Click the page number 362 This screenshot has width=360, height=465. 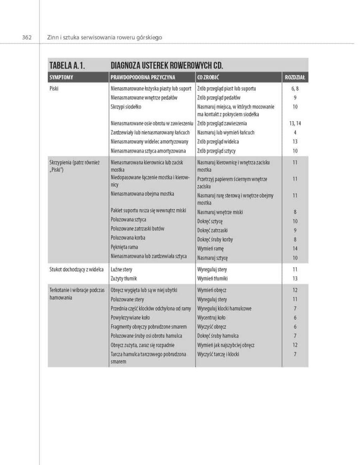pyautogui.click(x=27, y=38)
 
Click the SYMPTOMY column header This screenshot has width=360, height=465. pyautogui.click(x=61, y=77)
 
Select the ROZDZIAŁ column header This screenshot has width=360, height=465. pyautogui.click(x=295, y=77)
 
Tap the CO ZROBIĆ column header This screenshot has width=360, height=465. pyautogui.click(x=208, y=77)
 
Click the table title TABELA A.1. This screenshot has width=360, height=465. pyautogui.click(x=68, y=65)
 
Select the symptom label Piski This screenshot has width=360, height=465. pyautogui.click(x=54, y=88)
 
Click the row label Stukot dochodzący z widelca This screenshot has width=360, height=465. pyautogui.click(x=76, y=269)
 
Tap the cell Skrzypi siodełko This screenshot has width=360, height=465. pyautogui.click(x=126, y=107)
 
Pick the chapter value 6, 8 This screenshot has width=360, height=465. pyautogui.click(x=295, y=89)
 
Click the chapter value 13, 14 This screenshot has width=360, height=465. pyautogui.click(x=295, y=123)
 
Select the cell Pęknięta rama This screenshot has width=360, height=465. pyautogui.click(x=124, y=247)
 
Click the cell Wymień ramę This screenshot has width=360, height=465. pyautogui.click(x=210, y=249)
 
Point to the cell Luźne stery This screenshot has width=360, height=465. pyautogui.click(x=122, y=269)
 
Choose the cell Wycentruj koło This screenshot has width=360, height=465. pyautogui.click(x=211, y=318)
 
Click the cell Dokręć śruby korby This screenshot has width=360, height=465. pyautogui.click(x=215, y=239)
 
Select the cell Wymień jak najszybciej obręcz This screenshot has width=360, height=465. pyautogui.click(x=226, y=345)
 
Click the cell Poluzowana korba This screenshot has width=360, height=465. pyautogui.click(x=128, y=238)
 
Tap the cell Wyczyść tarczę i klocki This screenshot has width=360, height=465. pyautogui.click(x=218, y=354)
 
